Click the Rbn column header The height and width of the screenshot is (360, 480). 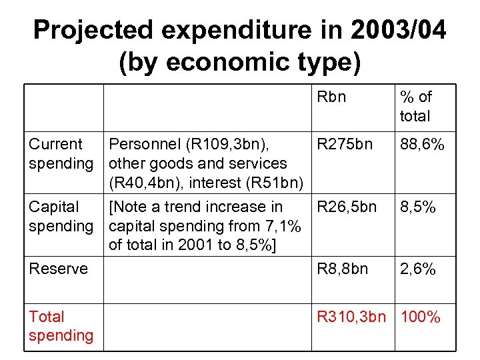(x=331, y=97)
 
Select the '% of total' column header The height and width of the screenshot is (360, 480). (x=415, y=107)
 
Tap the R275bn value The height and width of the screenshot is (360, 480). (x=345, y=145)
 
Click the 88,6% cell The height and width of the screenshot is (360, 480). (x=421, y=145)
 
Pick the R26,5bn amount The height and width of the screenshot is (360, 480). (x=347, y=207)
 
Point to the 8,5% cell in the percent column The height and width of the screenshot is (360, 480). (x=417, y=207)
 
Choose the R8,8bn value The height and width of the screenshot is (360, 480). (x=342, y=269)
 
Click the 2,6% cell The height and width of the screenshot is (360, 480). (x=417, y=269)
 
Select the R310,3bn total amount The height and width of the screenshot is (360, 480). (x=351, y=317)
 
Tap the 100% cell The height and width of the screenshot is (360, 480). (x=420, y=317)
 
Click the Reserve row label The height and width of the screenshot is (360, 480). (x=58, y=269)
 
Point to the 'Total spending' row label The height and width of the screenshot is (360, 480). (x=61, y=326)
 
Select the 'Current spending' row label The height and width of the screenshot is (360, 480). (x=61, y=154)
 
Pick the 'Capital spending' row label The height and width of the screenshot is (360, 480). (x=61, y=217)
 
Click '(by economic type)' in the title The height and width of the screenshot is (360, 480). (x=239, y=63)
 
